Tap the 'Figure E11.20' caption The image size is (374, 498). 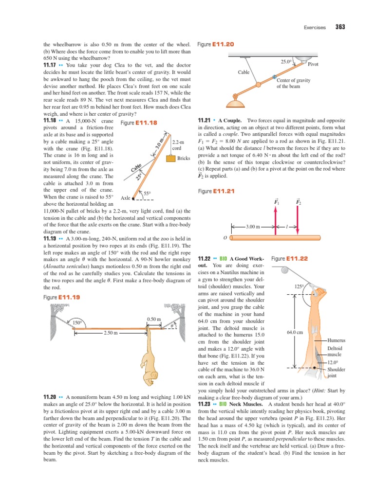pyautogui.click(x=216, y=44)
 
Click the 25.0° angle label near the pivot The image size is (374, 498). pyautogui.click(x=286, y=62)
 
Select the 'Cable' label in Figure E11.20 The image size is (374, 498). pyautogui.click(x=243, y=72)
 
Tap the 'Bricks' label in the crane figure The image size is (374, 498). pyautogui.click(x=184, y=159)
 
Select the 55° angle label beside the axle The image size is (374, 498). pyautogui.click(x=148, y=194)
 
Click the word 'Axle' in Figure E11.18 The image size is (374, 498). pyautogui.click(x=126, y=198)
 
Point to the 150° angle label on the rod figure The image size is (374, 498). pyautogui.click(x=77, y=322)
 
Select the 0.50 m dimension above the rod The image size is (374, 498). pyautogui.click(x=153, y=319)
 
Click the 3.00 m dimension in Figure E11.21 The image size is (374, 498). pyautogui.click(x=253, y=227)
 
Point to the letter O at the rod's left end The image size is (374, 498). pyautogui.click(x=224, y=238)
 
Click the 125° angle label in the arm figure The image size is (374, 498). pyautogui.click(x=299, y=287)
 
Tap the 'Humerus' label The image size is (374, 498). pyautogui.click(x=336, y=340)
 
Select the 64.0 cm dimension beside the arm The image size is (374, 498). pyautogui.click(x=295, y=333)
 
